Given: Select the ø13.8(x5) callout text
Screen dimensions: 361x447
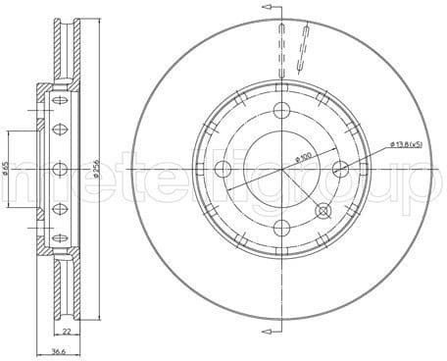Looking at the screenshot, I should (407, 144).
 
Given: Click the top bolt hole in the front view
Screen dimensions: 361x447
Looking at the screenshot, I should (282, 109).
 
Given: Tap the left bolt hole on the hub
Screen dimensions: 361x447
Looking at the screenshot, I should (223, 168).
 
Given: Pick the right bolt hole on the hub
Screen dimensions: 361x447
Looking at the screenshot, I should (341, 168).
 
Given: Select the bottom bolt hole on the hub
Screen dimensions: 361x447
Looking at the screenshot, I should (282, 228).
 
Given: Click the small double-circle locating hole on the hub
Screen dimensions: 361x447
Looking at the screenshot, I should (324, 209).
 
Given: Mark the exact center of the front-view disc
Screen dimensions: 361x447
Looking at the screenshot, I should (282, 168).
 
